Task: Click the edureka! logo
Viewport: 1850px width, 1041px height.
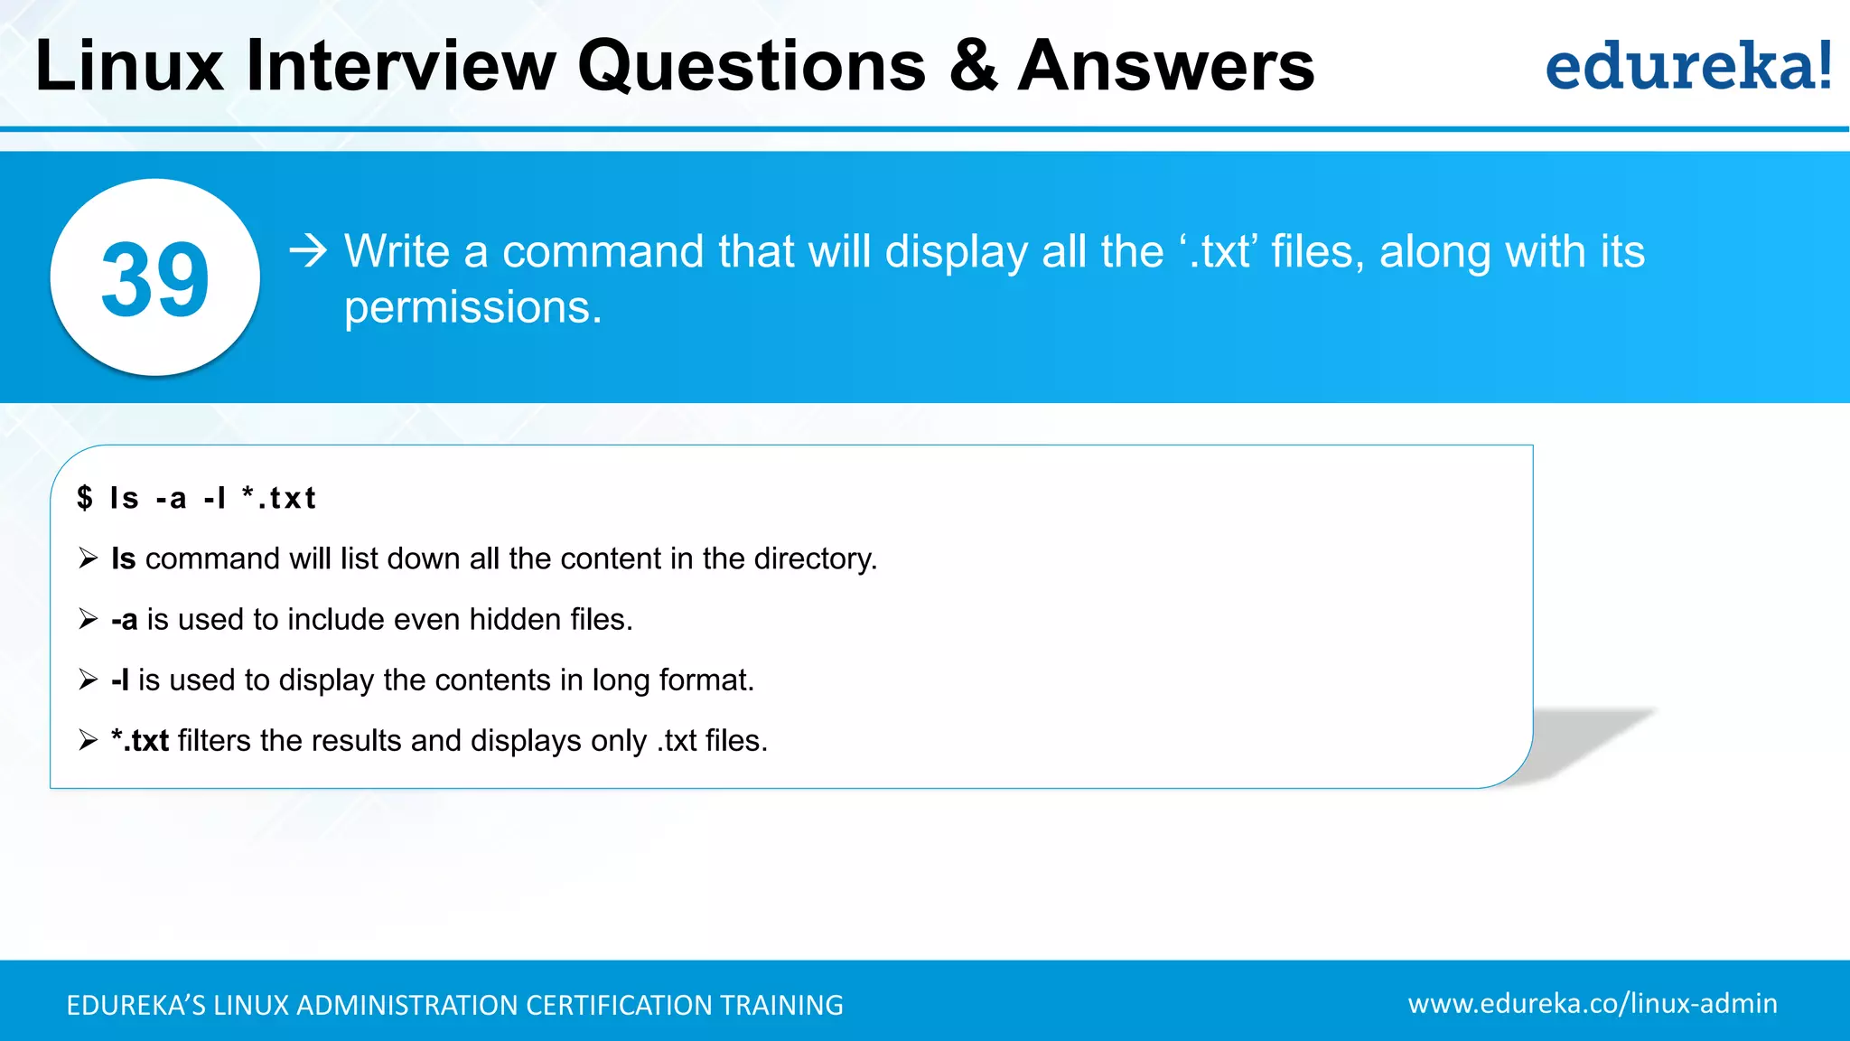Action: pos(1687,67)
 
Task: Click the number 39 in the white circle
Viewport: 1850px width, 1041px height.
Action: pos(155,280)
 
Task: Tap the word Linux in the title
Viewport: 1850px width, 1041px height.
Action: pos(129,66)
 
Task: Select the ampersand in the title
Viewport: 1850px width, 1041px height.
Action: pos(973,66)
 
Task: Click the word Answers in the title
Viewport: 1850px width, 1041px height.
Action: pos(1165,66)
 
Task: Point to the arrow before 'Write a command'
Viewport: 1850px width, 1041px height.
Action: pos(308,250)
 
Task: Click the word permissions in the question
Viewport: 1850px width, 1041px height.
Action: pos(472,308)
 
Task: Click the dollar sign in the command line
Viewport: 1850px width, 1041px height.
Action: pos(85,498)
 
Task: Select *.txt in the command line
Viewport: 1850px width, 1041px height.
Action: pos(279,498)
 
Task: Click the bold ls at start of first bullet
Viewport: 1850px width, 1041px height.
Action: pos(123,558)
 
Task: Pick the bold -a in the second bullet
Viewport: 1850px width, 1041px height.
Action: pos(124,620)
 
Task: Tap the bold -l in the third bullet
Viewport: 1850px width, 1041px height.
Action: pos(120,680)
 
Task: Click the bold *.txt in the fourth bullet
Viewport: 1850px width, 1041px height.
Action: pos(140,741)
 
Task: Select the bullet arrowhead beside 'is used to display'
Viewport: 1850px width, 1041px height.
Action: pos(88,680)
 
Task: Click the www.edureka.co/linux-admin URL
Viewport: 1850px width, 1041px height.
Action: pos(1592,1004)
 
